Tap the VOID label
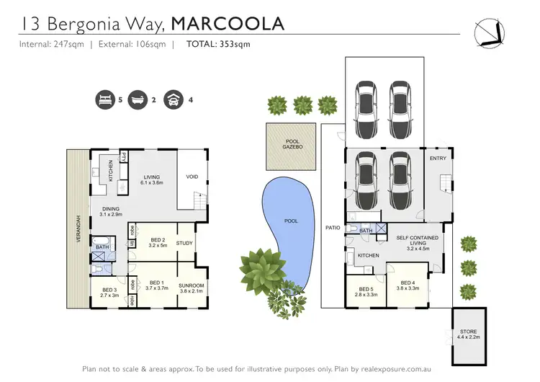point(192,177)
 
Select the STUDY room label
point(184,243)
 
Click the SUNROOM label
point(192,289)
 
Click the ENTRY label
point(438,158)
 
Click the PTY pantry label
point(124,158)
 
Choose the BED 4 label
point(408,286)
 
